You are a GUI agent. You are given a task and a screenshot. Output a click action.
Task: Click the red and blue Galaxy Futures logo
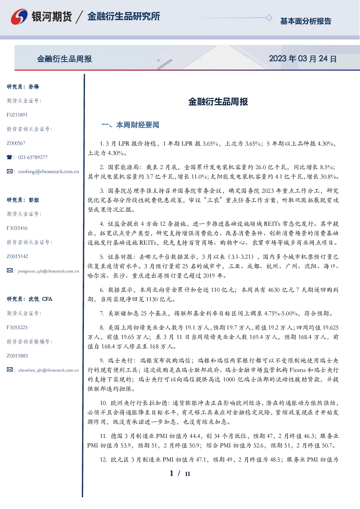click(19, 17)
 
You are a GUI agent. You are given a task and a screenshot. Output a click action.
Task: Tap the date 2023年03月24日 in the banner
click(303, 59)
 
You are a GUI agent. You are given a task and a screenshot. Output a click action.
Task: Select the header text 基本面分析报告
click(306, 21)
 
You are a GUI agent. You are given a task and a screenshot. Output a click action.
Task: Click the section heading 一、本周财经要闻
click(130, 125)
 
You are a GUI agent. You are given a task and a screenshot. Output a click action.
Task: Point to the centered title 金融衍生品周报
click(218, 102)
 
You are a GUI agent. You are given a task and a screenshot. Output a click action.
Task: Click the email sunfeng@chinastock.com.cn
click(49, 172)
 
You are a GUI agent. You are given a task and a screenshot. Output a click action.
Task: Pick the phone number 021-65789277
click(33, 157)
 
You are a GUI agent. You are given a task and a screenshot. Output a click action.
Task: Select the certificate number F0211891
click(17, 115)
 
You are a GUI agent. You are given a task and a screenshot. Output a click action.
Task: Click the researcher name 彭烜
click(34, 200)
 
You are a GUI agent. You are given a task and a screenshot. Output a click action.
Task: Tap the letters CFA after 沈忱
click(47, 299)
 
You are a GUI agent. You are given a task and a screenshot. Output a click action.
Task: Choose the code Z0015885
click(17, 356)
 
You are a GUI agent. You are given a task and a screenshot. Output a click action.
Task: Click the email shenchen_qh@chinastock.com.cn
click(48, 370)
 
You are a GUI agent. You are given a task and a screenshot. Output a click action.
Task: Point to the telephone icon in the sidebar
click(9, 157)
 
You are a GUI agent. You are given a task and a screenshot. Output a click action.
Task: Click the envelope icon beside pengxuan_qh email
click(9, 271)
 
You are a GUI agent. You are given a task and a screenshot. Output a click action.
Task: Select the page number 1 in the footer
click(172, 473)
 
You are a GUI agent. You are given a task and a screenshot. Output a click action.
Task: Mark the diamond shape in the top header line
click(269, 18)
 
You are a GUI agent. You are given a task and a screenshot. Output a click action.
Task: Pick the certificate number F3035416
click(17, 228)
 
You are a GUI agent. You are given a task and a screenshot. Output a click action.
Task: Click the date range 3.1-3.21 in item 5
click(242, 257)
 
